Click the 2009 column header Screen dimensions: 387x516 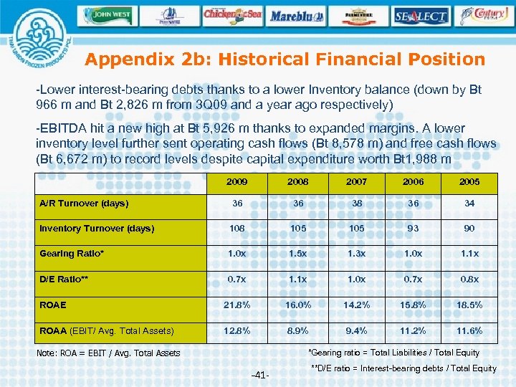click(x=237, y=182)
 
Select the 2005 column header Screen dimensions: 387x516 click(x=469, y=182)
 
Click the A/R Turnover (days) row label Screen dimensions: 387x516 click(x=85, y=204)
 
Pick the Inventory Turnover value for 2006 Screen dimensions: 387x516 click(x=413, y=229)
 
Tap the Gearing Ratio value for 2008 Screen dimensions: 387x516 click(x=297, y=254)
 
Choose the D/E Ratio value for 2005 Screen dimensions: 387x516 click(x=469, y=279)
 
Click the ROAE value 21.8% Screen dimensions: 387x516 click(x=237, y=305)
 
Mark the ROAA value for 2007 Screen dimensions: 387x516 click(x=356, y=330)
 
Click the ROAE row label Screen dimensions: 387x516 click(x=53, y=305)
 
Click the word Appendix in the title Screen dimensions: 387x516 click(x=130, y=59)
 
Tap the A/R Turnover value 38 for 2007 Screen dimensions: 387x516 click(x=356, y=204)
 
